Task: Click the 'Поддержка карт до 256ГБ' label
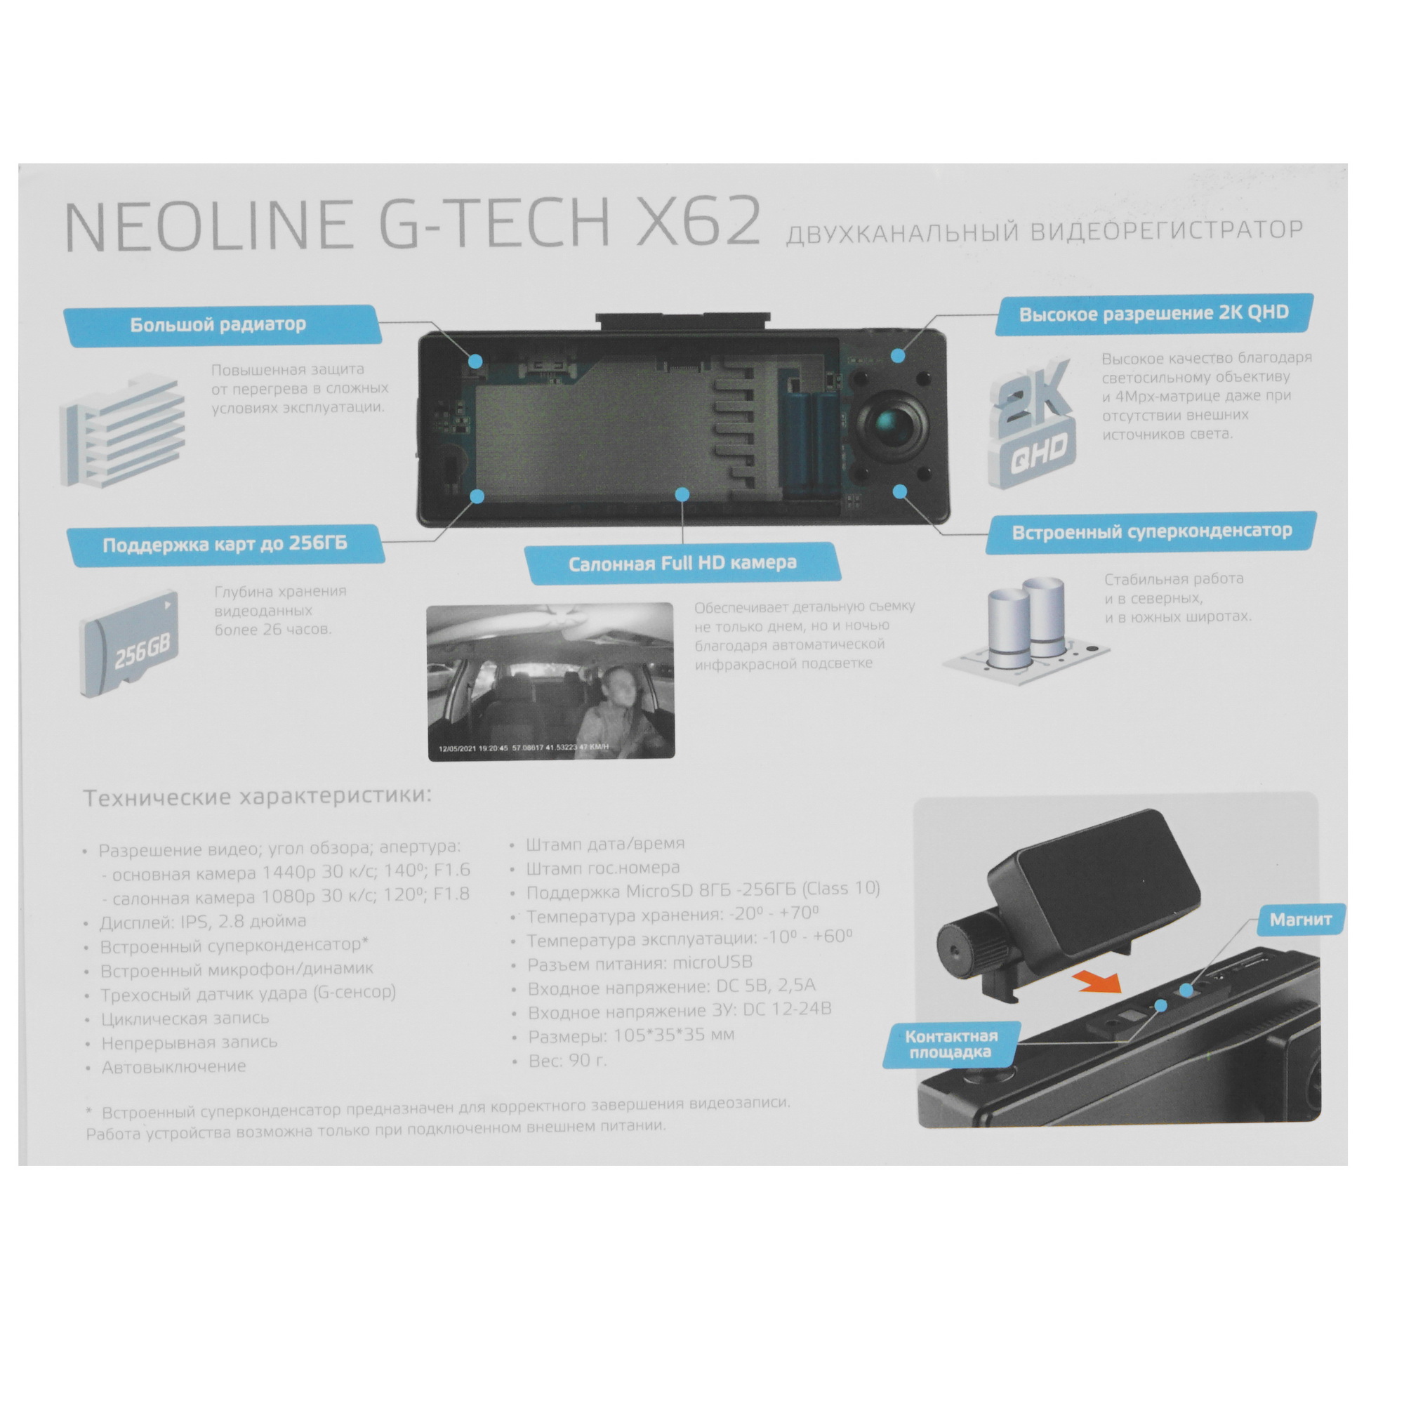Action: coord(225,544)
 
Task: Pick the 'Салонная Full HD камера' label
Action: coord(682,563)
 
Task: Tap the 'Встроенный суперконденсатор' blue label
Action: coord(1151,532)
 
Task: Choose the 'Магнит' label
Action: coord(1300,920)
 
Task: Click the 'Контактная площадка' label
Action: coord(951,1045)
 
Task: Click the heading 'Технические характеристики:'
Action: coord(257,797)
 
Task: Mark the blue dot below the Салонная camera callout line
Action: coord(682,494)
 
